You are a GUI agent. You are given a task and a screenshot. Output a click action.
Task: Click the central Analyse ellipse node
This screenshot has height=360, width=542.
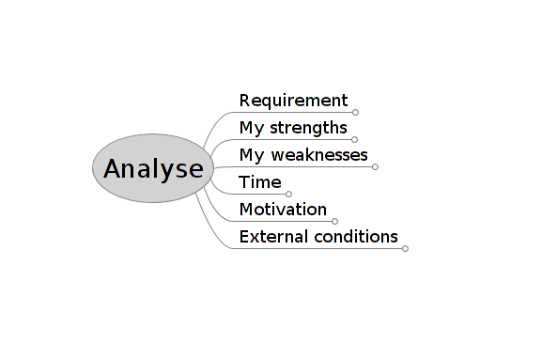click(x=153, y=168)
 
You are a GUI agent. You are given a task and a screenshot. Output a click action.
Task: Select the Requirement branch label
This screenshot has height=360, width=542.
click(x=293, y=101)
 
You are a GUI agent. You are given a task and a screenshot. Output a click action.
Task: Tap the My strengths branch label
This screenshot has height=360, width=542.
click(x=293, y=128)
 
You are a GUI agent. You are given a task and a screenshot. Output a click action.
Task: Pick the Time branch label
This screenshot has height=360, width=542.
click(x=260, y=182)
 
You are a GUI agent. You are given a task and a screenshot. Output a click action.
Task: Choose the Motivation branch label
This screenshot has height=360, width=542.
click(x=283, y=210)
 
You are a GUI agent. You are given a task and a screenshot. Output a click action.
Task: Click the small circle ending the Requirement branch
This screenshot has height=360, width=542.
click(x=355, y=112)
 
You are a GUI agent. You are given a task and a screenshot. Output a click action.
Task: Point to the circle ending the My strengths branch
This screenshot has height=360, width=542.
click(x=354, y=139)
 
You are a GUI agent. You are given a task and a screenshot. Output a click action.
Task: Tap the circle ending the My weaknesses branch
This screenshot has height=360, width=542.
click(x=375, y=166)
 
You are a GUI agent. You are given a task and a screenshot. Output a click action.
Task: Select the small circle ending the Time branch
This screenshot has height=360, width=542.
click(x=288, y=194)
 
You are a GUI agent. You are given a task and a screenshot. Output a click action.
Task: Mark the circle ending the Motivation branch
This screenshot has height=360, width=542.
click(x=334, y=221)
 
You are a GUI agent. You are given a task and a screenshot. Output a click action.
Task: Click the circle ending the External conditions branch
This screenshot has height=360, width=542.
click(x=405, y=248)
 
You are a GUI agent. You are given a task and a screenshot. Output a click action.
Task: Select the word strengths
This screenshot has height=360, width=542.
click(x=309, y=128)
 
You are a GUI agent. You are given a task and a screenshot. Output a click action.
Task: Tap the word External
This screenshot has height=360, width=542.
click(x=269, y=237)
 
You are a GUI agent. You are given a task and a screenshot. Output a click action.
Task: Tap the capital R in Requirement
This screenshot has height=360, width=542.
click(x=245, y=101)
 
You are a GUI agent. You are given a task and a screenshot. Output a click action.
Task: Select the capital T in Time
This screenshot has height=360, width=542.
click(x=244, y=182)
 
